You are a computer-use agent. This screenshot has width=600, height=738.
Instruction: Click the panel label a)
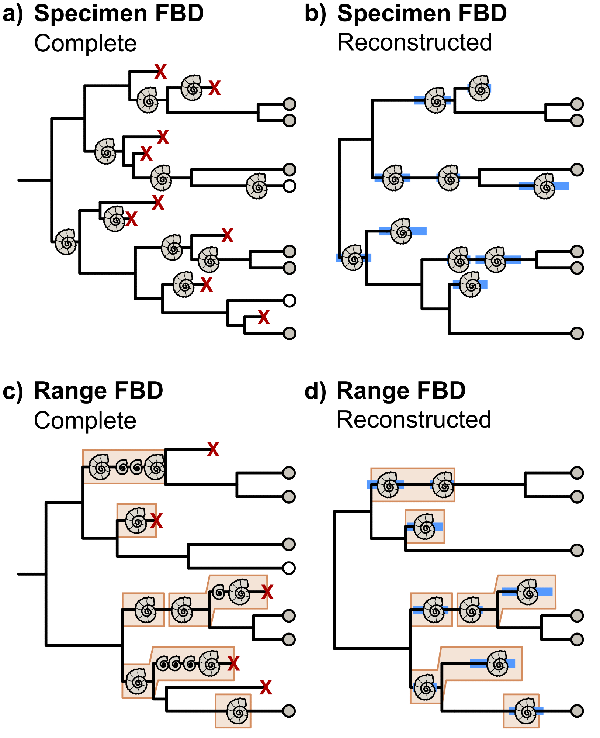[13, 14]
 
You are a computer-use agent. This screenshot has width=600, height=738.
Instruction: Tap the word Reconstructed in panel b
[415, 42]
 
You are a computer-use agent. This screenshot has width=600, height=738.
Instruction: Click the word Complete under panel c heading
[85, 421]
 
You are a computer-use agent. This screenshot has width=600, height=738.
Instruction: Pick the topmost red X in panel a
[160, 71]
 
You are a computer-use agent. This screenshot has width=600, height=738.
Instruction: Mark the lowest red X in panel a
[263, 317]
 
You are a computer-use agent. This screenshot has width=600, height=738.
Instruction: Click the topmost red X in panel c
[213, 449]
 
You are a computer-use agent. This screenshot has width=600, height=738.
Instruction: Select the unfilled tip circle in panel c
[289, 568]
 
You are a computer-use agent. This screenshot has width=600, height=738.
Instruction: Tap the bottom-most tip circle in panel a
[289, 333]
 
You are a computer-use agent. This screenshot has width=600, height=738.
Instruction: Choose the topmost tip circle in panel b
[577, 104]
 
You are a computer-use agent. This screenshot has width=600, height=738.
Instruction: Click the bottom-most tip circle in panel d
[577, 711]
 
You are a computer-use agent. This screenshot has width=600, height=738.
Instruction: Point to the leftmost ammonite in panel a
[66, 242]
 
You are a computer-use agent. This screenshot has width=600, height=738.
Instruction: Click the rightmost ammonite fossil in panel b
[545, 186]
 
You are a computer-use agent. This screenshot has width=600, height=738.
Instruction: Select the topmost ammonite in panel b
[479, 88]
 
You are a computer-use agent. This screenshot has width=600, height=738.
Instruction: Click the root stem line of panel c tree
[32, 574]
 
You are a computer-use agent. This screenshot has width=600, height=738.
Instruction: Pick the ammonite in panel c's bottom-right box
[237, 711]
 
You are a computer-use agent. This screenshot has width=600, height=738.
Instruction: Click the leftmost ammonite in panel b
[353, 258]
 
